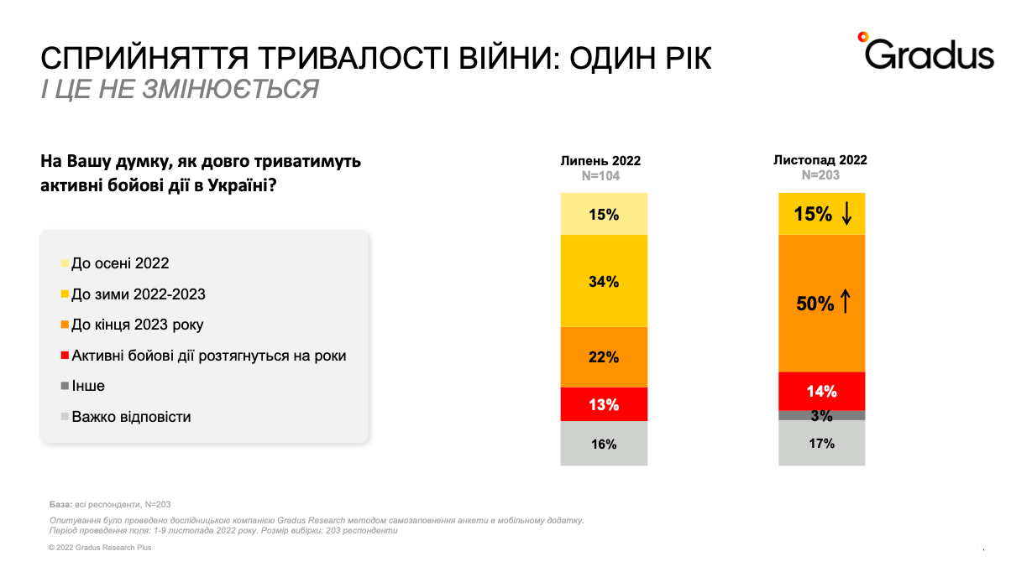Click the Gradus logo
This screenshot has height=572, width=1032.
925,52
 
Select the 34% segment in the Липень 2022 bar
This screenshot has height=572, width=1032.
604,281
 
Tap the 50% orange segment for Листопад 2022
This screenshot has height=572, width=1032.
821,303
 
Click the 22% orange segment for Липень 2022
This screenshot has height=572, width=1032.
604,357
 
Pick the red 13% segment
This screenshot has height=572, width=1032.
604,404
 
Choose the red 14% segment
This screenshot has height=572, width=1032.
821,391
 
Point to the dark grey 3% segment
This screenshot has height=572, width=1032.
821,415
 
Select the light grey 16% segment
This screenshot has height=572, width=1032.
604,444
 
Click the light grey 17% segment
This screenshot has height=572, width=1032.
821,443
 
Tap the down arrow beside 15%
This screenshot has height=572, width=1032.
846,215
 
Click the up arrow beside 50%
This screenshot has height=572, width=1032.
846,303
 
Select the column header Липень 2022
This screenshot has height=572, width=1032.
600,161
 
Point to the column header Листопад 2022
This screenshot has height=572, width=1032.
820,159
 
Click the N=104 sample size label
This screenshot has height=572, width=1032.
600,176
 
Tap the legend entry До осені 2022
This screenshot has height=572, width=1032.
120,263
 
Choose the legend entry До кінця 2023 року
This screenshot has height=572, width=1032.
137,325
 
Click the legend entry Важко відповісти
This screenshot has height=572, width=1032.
131,417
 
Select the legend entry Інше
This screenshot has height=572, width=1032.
88,386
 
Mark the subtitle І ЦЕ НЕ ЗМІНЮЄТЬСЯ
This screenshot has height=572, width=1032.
180,89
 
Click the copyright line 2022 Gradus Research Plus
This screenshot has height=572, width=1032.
100,548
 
